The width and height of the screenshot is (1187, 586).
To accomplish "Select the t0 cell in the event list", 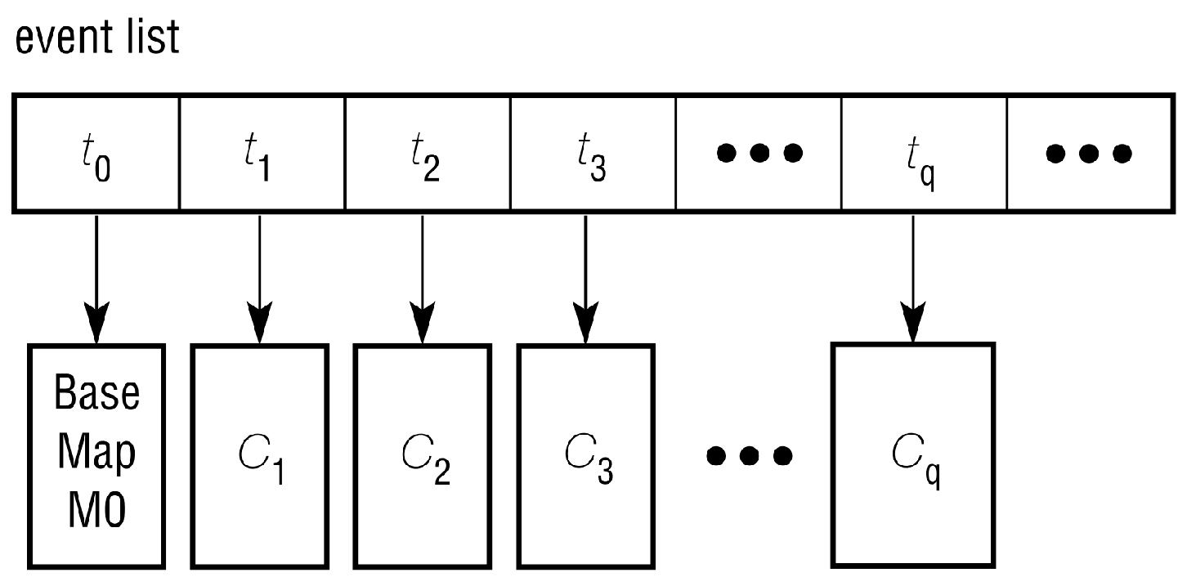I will [x=96, y=154].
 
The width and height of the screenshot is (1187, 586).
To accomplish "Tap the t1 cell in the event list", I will [x=262, y=154].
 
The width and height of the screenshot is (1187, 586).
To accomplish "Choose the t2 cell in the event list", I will [x=427, y=154].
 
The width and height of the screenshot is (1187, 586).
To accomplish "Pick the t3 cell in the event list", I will [x=592, y=154].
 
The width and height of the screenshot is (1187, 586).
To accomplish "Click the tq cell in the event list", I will [x=923, y=154].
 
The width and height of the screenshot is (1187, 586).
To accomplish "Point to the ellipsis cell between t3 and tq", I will [x=759, y=154].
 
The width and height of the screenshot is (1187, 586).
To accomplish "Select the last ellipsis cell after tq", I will [x=1089, y=154].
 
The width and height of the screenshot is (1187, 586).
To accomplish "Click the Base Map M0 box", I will [x=96, y=455].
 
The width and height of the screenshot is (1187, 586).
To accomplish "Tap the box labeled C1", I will [x=259, y=455].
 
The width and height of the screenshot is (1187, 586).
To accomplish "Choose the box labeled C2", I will [x=422, y=455].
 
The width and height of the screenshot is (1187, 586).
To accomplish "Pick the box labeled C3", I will [x=585, y=455].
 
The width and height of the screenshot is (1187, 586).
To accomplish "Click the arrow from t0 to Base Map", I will [x=96, y=278].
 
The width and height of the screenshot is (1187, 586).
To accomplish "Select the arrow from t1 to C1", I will [x=259, y=278].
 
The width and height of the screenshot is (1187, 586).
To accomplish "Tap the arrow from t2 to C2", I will [x=422, y=278].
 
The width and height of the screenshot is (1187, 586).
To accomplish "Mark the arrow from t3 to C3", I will [x=585, y=278].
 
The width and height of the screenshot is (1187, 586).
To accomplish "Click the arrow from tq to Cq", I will [x=912, y=278].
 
